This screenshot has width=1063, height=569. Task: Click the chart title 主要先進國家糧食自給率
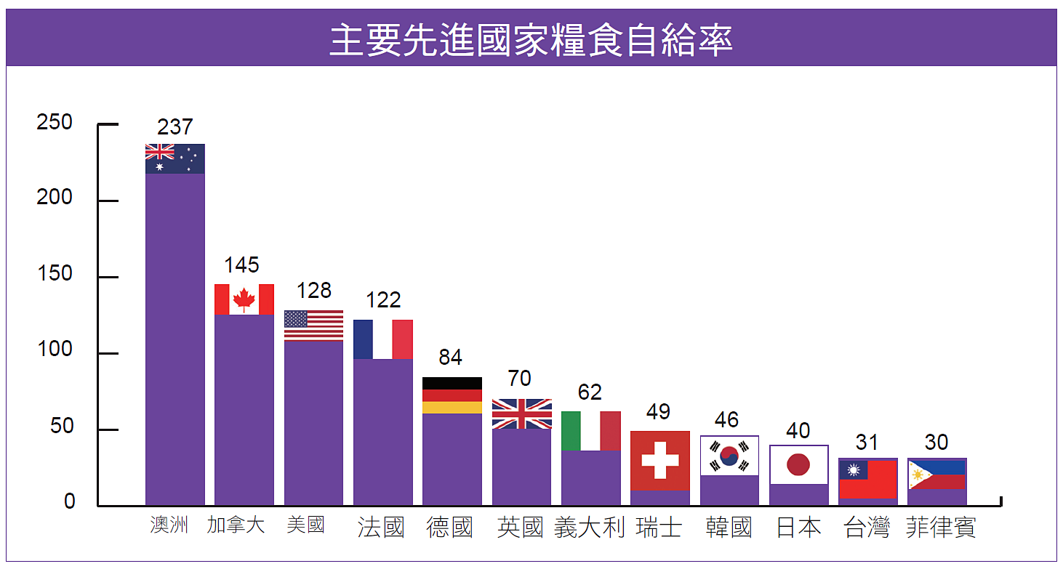coord(531,40)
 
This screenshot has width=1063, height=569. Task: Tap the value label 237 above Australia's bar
coord(175,127)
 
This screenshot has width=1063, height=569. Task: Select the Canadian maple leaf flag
coord(244,299)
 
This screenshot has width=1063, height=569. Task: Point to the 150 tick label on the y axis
coord(55,273)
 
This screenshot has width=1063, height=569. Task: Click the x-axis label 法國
coord(380,527)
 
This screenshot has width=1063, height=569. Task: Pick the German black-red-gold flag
coord(452,395)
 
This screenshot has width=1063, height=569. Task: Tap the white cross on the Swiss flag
coord(659,460)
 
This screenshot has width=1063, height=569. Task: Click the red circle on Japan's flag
coord(798,464)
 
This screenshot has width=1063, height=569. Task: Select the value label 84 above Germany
coord(450,358)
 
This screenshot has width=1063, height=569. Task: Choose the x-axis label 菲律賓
coord(941,527)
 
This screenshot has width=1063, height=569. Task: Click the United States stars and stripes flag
coord(313,326)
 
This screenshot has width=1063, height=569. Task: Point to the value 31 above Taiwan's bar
coord(867,443)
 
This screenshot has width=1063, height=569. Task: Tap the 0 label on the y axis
coord(70,501)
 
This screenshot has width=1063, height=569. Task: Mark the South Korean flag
coord(729,456)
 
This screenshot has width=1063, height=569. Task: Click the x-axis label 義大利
coord(589,527)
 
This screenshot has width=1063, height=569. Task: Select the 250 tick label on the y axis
coord(55,122)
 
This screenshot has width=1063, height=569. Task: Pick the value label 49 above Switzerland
coord(658,411)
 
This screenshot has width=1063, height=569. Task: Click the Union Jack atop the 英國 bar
coord(522,414)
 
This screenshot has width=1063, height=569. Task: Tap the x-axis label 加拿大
coord(236,525)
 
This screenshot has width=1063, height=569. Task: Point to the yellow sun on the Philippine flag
coord(917,475)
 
